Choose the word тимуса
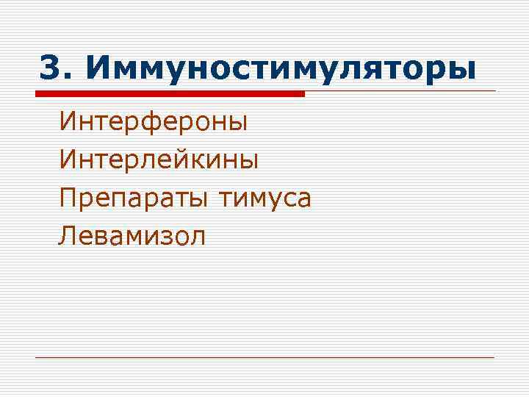click(264, 198)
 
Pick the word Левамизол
click(133, 236)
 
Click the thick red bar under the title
click(170, 95)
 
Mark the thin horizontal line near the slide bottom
click(264, 357)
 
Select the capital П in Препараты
click(69, 198)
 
